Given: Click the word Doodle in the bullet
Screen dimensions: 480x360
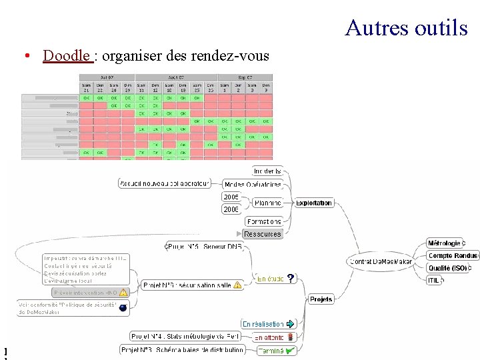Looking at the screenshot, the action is tap(67, 56).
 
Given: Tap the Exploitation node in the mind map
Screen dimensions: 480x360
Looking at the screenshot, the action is tap(313, 203).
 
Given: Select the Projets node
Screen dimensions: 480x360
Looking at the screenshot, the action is tap(321, 299).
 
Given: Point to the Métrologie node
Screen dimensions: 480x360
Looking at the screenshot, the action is tap(444, 243).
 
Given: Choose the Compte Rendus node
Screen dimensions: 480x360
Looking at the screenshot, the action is tap(453, 255).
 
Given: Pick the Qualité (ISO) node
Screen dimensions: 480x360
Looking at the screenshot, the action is tap(447, 268).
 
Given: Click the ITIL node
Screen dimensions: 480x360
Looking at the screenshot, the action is tap(433, 280).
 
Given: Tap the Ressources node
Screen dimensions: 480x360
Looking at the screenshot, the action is tap(263, 234).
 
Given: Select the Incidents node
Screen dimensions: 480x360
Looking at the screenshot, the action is tap(267, 171).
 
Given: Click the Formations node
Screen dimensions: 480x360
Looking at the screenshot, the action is tap(264, 221).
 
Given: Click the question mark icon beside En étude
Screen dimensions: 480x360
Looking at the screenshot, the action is tap(291, 279).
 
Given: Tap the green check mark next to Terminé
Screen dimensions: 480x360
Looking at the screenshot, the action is tap(290, 349).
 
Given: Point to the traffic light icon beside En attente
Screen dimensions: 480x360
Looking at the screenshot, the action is tap(290, 337).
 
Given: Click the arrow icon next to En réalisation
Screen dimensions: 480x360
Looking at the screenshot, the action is tap(290, 324).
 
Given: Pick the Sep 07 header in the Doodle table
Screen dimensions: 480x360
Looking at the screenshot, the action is tap(247, 77).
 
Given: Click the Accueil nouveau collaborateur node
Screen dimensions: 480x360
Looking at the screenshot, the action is tap(164, 183).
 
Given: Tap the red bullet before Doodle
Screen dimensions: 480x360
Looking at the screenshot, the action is tap(25, 56).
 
